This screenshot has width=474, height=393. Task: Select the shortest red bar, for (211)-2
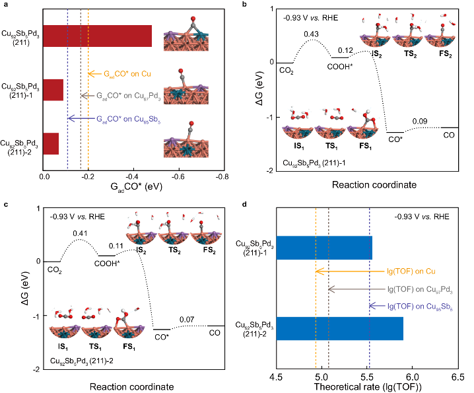click(51, 143)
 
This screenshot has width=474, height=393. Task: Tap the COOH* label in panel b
click(343, 65)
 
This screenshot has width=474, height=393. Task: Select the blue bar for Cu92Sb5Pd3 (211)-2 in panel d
click(339, 328)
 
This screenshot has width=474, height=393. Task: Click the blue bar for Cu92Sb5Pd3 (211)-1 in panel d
click(324, 247)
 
